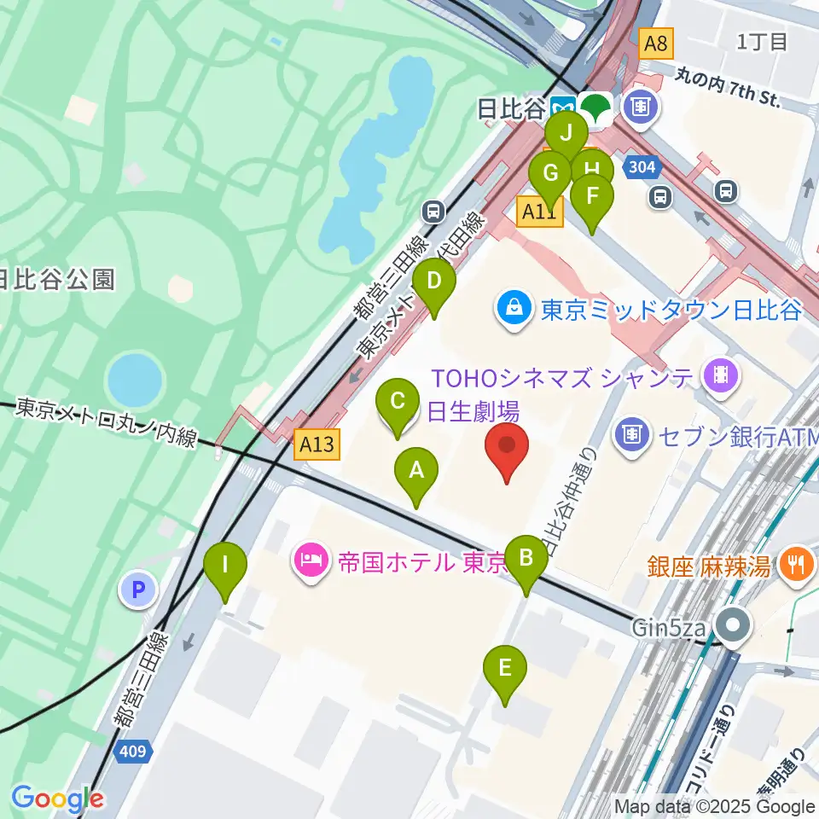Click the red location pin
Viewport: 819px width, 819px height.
[507, 447]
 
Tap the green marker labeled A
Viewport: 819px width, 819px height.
[416, 471]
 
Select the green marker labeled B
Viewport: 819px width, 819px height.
[526, 559]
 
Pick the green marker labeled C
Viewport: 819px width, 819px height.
[397, 401]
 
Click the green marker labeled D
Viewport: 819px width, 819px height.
[434, 282]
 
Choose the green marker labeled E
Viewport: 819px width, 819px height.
[505, 669]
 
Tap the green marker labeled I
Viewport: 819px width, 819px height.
[225, 566]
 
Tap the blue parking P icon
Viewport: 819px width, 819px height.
[138, 590]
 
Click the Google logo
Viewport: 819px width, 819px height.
[57, 799]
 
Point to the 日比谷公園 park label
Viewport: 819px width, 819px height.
[55, 279]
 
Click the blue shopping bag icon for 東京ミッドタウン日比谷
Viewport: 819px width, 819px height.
[515, 307]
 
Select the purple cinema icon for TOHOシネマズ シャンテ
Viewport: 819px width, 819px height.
[721, 375]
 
